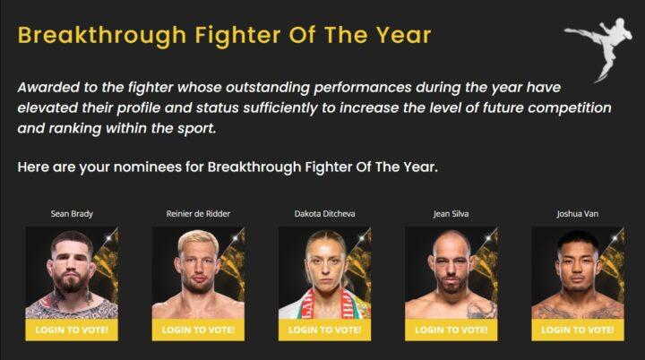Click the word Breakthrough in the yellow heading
pos(102,36)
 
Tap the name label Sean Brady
pos(72,214)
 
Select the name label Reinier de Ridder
pos(198,214)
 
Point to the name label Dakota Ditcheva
pos(324,214)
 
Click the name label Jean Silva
pos(451,214)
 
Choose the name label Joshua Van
pos(578,214)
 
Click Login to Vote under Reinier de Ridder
pos(198,330)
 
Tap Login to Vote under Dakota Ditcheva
pos(324,330)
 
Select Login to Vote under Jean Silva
pos(451,330)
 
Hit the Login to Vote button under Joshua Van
pos(578,330)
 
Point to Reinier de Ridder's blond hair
pos(198,239)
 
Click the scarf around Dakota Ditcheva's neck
pos(325,304)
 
